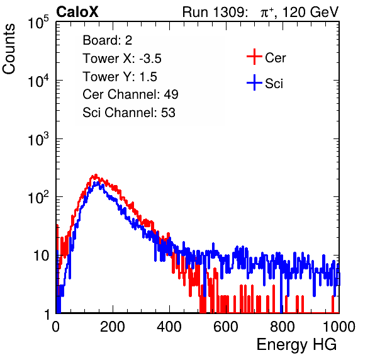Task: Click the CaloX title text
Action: coord(77,12)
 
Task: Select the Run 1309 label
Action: coord(215,12)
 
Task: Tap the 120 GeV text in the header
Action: coord(310,12)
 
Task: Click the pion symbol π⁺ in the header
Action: coord(267,12)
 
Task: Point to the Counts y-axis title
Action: coord(9,49)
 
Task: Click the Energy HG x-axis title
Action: coord(296,345)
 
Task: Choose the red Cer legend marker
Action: coord(254,57)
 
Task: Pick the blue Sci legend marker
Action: coord(254,83)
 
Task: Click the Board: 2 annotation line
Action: coord(108,40)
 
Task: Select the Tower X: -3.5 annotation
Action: coord(122,59)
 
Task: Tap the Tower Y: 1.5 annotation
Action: coord(120,77)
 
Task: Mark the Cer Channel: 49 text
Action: coord(130,94)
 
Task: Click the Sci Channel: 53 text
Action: coord(129,113)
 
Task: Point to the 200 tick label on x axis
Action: coord(113,327)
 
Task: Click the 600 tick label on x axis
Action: coord(226,327)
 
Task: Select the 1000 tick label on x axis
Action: coord(339,327)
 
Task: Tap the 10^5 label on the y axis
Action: coord(38,22)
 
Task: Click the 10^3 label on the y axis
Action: coord(38,139)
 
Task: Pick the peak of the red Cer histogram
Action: coord(96,175)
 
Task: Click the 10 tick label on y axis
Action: coord(41,256)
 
